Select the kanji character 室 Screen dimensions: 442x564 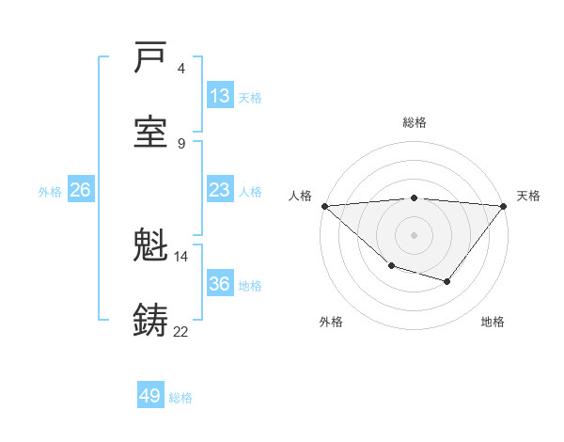[151, 133]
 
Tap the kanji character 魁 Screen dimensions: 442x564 [151, 247]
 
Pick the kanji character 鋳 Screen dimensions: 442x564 [151, 320]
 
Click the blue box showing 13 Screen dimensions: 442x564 [219, 96]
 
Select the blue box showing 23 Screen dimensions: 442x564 [219, 190]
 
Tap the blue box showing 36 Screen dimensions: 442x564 [219, 284]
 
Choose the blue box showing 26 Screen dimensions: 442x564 [80, 190]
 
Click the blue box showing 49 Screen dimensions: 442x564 [150, 396]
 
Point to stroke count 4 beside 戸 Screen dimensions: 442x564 [181, 68]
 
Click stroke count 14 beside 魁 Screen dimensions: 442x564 [180, 256]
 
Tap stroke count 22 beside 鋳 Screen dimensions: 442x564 [180, 331]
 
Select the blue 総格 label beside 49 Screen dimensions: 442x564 [180, 398]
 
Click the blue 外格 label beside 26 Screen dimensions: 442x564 [50, 192]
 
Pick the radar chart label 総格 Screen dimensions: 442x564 [415, 122]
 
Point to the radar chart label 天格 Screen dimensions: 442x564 [528, 196]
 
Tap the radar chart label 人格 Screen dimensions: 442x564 [300, 196]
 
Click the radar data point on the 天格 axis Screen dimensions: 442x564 [504, 206]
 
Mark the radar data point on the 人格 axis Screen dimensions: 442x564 [324, 206]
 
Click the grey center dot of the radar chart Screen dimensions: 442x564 [415, 234]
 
